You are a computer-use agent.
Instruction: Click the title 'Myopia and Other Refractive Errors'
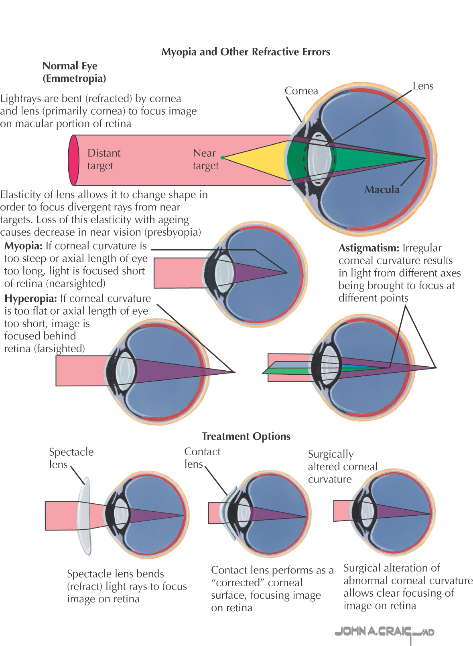pyautogui.click(x=246, y=52)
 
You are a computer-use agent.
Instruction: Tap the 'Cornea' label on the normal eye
pyautogui.click(x=301, y=91)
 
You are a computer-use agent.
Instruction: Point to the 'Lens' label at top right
pyautogui.click(x=423, y=86)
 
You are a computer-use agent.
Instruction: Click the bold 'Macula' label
pyautogui.click(x=382, y=190)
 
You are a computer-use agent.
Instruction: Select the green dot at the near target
pyautogui.click(x=223, y=158)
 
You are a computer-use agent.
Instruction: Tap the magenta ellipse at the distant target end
pyautogui.click(x=73, y=160)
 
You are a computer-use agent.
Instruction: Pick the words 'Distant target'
pyautogui.click(x=104, y=159)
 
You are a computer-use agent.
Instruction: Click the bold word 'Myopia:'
pyautogui.click(x=23, y=246)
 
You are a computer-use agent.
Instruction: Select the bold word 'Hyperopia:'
pyautogui.click(x=30, y=299)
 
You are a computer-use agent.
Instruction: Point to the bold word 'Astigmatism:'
pyautogui.click(x=369, y=248)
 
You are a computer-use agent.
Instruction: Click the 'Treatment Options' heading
pyautogui.click(x=246, y=436)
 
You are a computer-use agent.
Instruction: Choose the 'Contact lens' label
pyautogui.click(x=202, y=458)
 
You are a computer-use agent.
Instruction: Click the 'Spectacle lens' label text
pyautogui.click(x=71, y=458)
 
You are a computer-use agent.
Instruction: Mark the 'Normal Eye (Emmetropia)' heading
pyautogui.click(x=74, y=72)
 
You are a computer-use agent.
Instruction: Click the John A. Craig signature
pyautogui.click(x=384, y=632)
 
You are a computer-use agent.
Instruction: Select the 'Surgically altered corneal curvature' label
pyautogui.click(x=342, y=467)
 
